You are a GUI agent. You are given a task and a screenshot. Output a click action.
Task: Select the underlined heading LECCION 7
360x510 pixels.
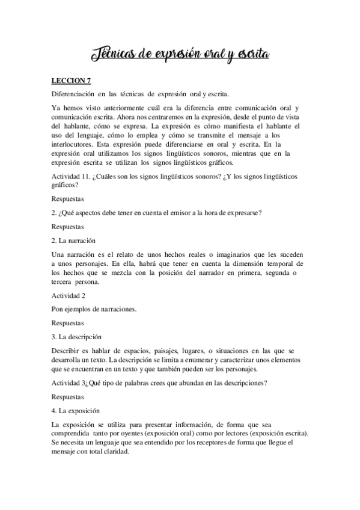(x=71, y=80)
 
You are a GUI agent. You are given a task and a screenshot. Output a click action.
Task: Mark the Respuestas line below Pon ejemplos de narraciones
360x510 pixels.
(x=68, y=323)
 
